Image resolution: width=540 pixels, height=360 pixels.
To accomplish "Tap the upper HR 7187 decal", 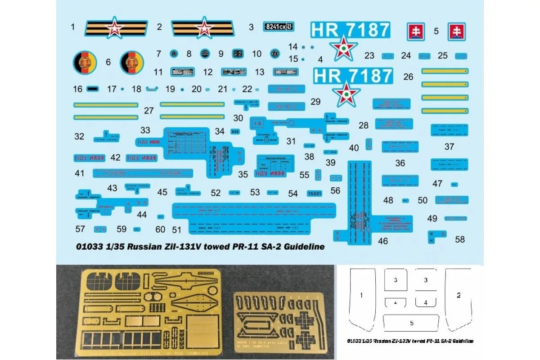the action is (x=350, y=30).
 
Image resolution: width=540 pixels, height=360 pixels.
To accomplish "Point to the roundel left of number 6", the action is (x=84, y=62).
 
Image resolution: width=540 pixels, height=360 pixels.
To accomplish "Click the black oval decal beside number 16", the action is (x=92, y=89).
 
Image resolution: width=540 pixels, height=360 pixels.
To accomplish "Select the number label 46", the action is (x=382, y=241).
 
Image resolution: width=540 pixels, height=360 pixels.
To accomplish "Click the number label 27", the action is (x=149, y=110).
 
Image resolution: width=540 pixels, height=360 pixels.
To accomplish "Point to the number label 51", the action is (x=176, y=229).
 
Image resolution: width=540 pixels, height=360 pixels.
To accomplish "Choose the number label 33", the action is (x=145, y=130).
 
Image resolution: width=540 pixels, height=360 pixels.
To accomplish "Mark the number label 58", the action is (x=459, y=239).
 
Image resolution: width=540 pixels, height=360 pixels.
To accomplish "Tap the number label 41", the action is (x=80, y=173).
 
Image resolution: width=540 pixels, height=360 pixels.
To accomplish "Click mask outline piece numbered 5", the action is (x=411, y=322).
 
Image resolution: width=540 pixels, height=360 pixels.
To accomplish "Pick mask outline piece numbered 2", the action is (x=458, y=297).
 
